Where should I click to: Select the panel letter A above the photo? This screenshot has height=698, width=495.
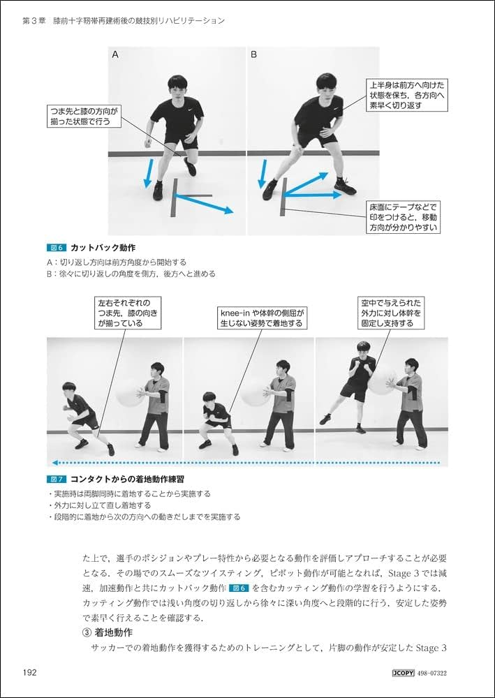[116, 54]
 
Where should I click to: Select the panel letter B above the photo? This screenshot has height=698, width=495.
[254, 54]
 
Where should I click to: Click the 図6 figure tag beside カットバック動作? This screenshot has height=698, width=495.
[55, 248]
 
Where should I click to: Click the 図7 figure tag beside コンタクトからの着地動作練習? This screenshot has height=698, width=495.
[55, 480]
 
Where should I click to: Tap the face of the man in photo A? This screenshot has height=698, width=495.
[177, 89]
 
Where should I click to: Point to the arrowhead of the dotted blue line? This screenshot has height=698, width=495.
[52, 463]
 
